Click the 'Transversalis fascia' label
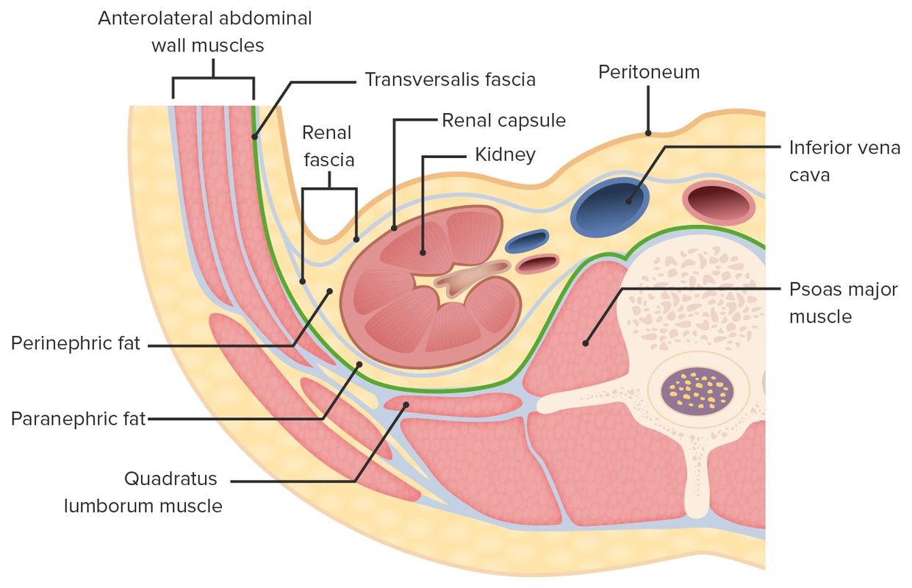click(450, 79)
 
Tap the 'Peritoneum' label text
click(648, 72)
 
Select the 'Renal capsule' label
click(503, 120)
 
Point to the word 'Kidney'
click(505, 155)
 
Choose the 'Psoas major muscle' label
click(843, 303)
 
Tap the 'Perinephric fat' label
click(76, 343)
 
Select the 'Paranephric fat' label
click(79, 420)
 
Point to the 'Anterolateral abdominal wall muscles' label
click(206, 31)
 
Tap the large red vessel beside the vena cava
click(719, 201)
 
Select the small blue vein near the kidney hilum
click(527, 242)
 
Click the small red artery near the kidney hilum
click(537, 263)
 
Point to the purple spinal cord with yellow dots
click(697, 390)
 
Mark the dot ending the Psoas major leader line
click(586, 343)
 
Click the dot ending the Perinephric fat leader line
click(329, 291)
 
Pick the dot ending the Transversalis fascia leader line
click(255, 136)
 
